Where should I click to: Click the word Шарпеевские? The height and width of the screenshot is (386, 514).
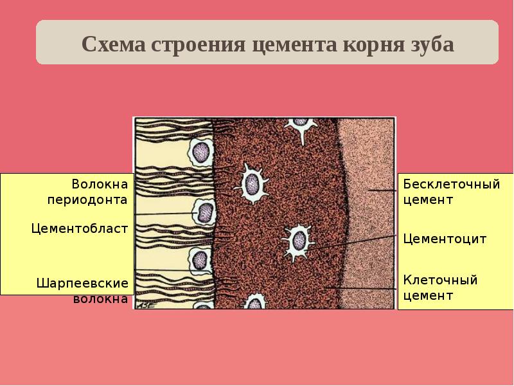point(83,283)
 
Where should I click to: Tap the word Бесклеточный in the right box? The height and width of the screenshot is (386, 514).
point(451,185)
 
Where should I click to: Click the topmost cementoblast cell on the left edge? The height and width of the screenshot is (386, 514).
point(201,152)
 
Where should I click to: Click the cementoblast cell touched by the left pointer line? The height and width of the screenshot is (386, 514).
point(204,211)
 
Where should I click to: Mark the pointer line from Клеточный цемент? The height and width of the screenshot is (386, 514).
point(360,288)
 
